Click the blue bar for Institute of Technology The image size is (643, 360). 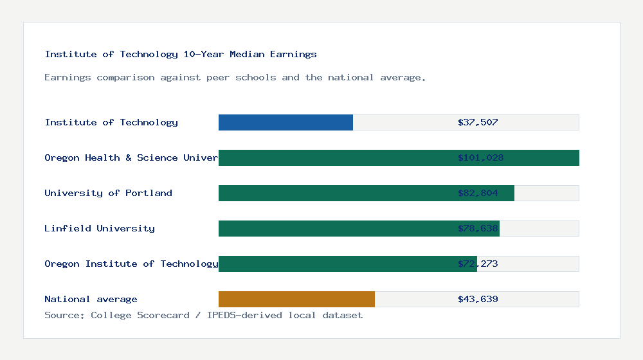(285, 122)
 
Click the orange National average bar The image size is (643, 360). (296, 299)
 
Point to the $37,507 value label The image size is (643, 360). (478, 122)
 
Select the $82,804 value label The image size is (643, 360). (478, 193)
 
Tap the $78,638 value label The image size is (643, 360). (478, 228)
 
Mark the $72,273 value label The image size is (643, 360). (478, 264)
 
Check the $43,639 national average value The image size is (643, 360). (478, 299)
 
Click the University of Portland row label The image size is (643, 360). (108, 193)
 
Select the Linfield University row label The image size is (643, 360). (100, 228)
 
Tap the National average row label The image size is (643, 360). (91, 299)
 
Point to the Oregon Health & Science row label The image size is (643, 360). (131, 157)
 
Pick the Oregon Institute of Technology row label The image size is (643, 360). (131, 264)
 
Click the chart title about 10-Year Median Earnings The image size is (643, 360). (181, 54)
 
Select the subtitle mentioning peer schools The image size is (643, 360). (235, 77)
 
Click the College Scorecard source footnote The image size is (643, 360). (203, 315)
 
